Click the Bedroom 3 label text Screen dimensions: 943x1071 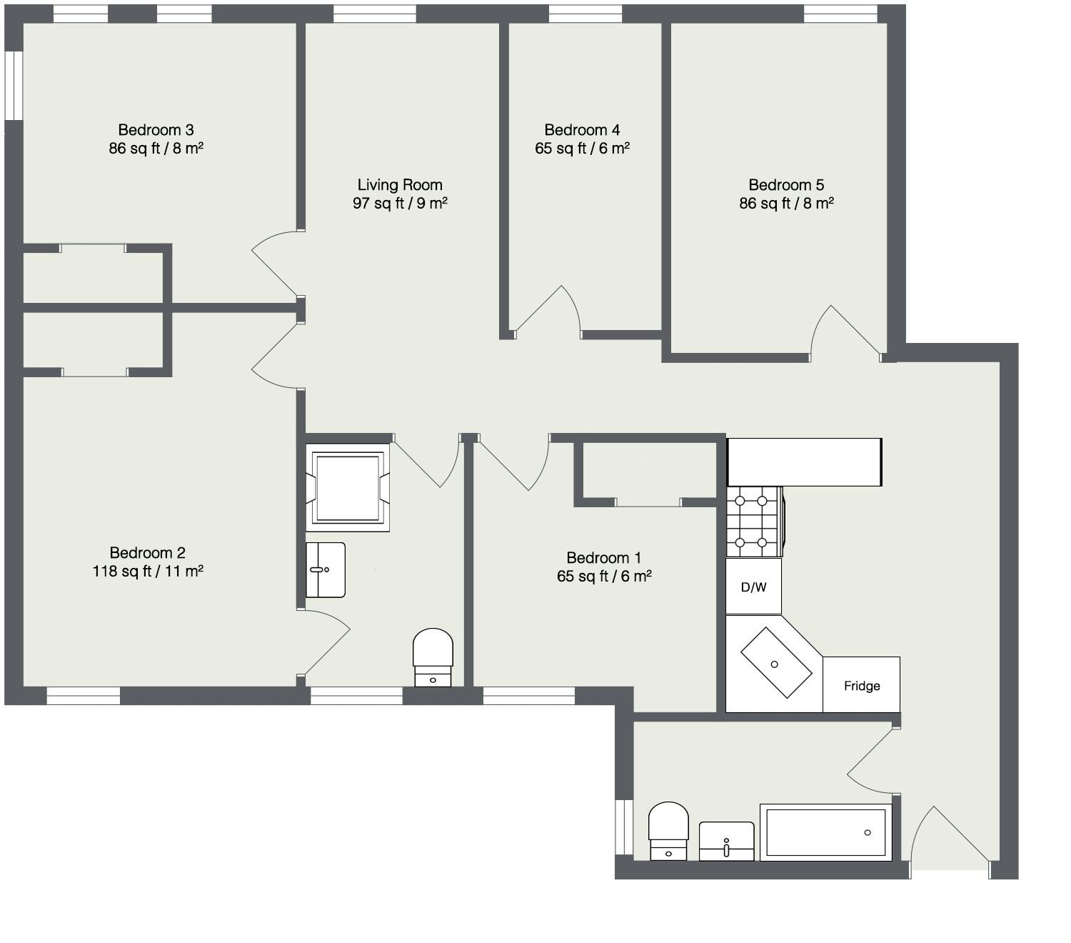[156, 130]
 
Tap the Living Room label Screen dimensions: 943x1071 [400, 185]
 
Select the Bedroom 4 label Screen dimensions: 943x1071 [582, 130]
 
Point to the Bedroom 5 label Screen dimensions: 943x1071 [786, 185]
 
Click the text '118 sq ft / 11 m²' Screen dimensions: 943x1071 [148, 572]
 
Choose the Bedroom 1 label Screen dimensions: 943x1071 [603, 558]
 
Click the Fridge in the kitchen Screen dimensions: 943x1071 [861, 685]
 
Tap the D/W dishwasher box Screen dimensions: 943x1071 [753, 587]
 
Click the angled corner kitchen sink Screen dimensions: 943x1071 [775, 663]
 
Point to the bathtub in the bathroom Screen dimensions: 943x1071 [826, 832]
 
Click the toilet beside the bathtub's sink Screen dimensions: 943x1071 [668, 831]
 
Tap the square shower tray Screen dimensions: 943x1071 [348, 487]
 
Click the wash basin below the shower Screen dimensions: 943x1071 [326, 569]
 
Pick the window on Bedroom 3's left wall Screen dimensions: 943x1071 [14, 85]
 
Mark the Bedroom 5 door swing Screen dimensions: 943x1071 [846, 330]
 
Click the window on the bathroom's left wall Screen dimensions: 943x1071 [624, 827]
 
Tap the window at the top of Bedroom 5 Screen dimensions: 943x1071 [840, 14]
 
